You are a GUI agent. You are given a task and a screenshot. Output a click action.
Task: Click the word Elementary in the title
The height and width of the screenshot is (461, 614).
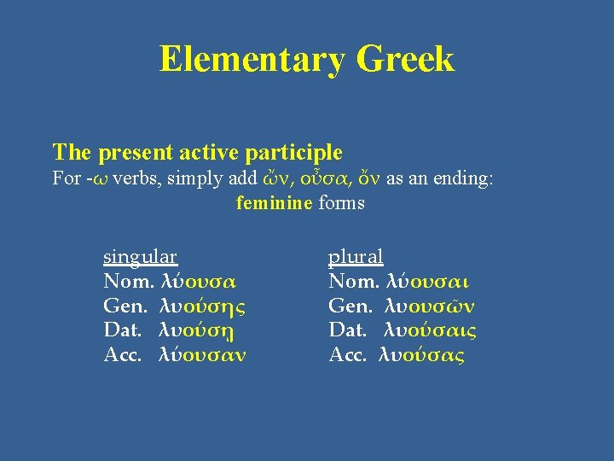(x=252, y=60)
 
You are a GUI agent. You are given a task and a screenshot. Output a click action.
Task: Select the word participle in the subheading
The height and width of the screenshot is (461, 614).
(x=294, y=154)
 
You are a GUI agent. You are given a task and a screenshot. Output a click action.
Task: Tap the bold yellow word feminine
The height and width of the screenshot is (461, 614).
(x=274, y=203)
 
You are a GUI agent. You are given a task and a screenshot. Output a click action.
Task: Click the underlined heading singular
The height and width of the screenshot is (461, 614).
(x=140, y=256)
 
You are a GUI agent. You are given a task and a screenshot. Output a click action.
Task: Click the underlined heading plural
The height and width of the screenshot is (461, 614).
(x=356, y=256)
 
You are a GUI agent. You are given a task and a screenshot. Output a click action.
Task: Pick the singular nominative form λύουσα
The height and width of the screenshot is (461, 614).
(x=199, y=281)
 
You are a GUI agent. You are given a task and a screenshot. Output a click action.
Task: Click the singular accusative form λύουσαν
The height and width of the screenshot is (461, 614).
(x=203, y=355)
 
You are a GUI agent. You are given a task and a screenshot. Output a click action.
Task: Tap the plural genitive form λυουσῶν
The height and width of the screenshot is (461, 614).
(x=430, y=306)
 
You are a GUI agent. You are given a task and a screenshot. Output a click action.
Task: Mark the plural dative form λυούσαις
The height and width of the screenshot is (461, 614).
(x=431, y=330)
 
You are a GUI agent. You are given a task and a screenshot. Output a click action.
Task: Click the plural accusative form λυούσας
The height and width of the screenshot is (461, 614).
(x=421, y=355)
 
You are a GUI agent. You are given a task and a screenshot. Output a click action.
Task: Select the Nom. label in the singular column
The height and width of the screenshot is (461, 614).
(x=129, y=281)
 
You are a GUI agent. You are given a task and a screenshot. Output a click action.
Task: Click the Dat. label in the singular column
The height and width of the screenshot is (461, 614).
(x=125, y=330)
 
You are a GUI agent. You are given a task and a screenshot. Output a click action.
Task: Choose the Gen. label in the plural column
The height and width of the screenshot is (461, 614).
(x=350, y=306)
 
